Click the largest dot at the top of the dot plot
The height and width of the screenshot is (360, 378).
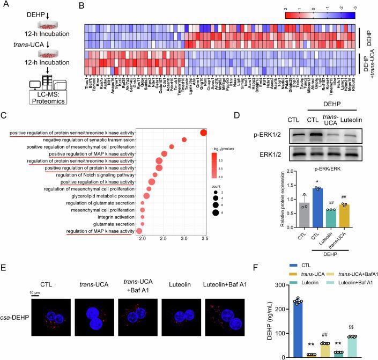click(x=203, y=133)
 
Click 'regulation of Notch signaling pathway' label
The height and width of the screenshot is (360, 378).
click(x=89, y=174)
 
